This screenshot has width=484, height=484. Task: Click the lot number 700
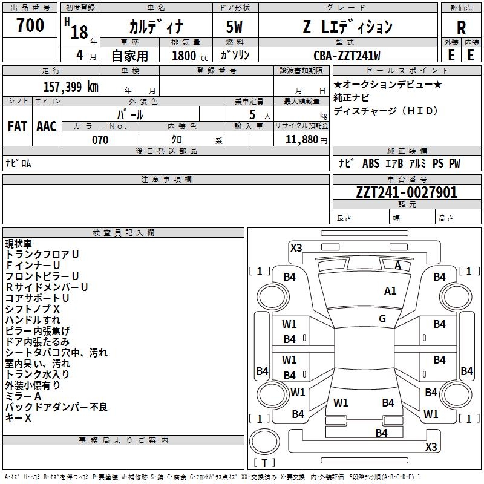[x=30, y=26]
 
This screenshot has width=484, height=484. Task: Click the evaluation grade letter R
[x=461, y=28]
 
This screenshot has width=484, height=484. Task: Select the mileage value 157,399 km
[x=71, y=87]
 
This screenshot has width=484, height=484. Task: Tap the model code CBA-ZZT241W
[x=347, y=56]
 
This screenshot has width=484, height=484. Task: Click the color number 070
[x=100, y=140]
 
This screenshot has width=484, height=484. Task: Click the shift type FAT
[x=17, y=126]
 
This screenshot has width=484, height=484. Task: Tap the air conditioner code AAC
[x=47, y=126]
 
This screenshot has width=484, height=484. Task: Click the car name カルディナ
[x=156, y=27]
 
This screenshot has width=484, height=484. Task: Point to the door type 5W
[x=235, y=27]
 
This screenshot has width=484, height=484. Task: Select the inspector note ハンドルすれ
[x=33, y=320]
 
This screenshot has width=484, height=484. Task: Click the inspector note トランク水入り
[x=37, y=374]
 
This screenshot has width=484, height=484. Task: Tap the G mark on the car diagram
[x=382, y=319]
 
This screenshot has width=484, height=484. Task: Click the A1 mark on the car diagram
[x=390, y=291]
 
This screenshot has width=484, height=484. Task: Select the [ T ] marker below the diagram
[x=264, y=463]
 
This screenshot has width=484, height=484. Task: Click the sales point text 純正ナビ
[x=352, y=97]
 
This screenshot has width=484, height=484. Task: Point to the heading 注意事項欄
[x=166, y=180]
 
